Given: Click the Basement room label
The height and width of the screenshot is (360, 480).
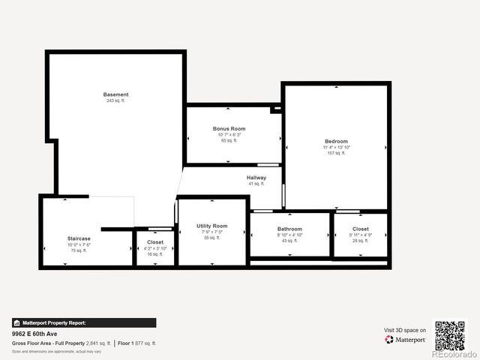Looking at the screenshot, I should tap(115, 94).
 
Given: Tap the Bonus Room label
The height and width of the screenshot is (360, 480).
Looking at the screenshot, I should tap(229, 129).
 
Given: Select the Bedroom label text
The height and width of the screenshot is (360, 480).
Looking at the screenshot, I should tap(336, 142).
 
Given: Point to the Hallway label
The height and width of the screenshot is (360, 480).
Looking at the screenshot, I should tap(256, 178).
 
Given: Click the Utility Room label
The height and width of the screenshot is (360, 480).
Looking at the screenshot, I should tap(212, 226).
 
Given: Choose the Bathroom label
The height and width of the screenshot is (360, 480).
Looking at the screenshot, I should tap(289, 229).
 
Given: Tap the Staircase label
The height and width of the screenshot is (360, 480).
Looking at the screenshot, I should tap(79, 238).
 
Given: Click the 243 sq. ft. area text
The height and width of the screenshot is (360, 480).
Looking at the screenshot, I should tap(115, 100).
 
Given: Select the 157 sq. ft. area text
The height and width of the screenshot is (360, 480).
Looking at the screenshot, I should tap(336, 154).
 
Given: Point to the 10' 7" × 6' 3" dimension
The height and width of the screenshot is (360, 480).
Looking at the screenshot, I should tap(229, 135).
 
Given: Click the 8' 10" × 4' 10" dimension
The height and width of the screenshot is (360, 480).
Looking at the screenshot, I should tap(289, 235).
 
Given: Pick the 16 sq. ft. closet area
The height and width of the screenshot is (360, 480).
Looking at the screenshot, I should tap(155, 254).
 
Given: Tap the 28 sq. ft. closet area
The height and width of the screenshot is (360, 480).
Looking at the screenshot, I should tap(361, 241).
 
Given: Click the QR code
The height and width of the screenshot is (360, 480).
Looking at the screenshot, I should tap(450, 336).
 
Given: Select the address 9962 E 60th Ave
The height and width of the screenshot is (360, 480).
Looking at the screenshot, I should tap(35, 334).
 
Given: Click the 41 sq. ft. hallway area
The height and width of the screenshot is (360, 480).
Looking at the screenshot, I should tap(256, 184).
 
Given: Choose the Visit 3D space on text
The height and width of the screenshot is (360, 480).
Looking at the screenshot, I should tap(405, 330).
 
